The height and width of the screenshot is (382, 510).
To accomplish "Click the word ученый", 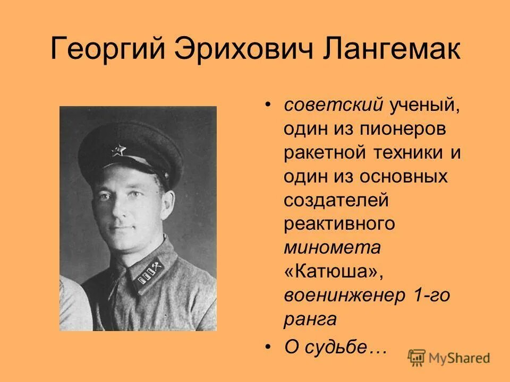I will (x=416, y=105).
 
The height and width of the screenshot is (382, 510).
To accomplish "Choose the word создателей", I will (x=337, y=201).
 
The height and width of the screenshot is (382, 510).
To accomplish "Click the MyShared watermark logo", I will (x=449, y=357).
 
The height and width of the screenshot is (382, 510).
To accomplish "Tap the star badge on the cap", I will (x=118, y=152).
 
